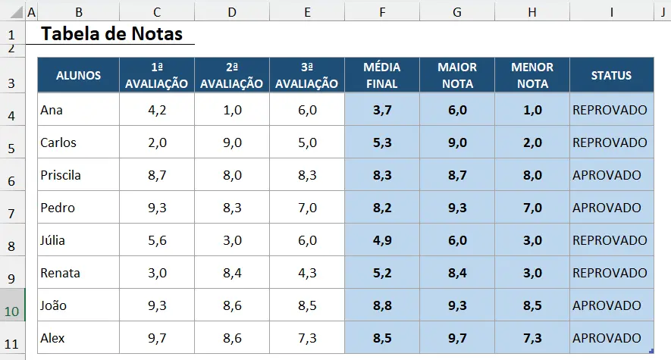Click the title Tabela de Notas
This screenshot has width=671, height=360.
[x=111, y=34]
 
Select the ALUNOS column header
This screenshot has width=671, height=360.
[x=78, y=75]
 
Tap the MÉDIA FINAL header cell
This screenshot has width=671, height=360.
[x=381, y=75]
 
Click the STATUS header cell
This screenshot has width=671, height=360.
[x=611, y=75]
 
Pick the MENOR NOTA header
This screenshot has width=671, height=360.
[x=532, y=75]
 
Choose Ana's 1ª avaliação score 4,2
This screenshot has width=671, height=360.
[x=157, y=110]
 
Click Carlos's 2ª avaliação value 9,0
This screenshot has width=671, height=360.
[x=232, y=142]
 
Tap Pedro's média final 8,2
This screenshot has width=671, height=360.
[x=382, y=208]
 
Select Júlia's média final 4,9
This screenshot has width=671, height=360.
[x=382, y=240]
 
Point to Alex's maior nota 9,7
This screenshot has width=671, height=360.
[x=457, y=338]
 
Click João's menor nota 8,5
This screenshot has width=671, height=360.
[x=532, y=305]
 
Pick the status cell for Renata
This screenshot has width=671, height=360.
[x=610, y=273]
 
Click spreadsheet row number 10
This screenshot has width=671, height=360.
[x=12, y=311]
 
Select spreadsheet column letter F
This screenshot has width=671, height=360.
[x=381, y=13]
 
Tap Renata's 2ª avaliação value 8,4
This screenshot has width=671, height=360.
[x=232, y=273]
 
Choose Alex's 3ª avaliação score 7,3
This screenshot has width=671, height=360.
[x=307, y=338]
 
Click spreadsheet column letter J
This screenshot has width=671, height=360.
[x=663, y=13]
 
